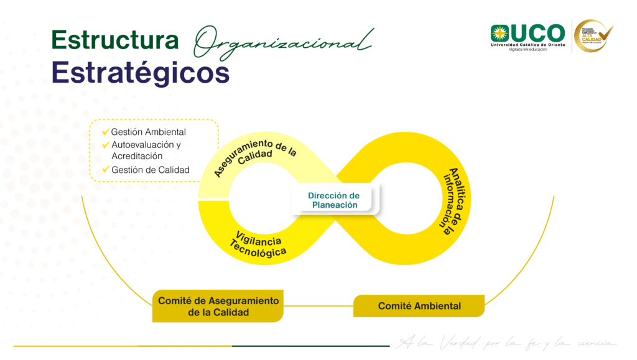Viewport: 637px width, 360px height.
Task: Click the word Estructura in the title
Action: coord(114,41)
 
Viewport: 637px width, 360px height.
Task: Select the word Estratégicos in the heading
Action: coord(141,73)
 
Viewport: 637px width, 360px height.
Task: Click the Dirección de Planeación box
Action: coord(333,200)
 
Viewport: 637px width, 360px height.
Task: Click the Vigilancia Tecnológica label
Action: coord(258,243)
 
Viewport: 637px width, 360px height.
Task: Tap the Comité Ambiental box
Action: coord(419,306)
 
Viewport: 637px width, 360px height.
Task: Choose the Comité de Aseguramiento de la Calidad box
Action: coord(218,306)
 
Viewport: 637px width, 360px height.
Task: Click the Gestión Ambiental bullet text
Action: coord(148,132)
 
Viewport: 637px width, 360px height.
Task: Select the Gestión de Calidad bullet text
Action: coord(150,170)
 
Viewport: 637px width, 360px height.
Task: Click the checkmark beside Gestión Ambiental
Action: coord(106,132)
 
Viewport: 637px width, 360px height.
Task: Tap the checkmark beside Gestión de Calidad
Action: coord(106,170)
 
